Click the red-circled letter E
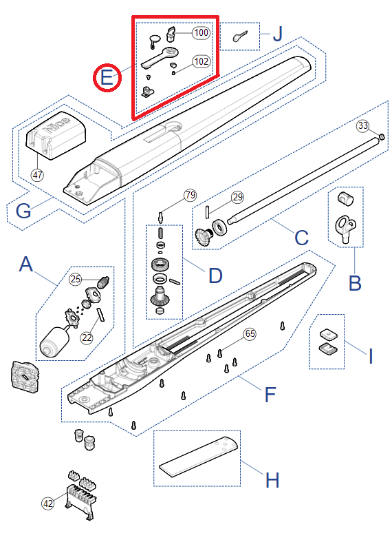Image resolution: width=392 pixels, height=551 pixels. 107,77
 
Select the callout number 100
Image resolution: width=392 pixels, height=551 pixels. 202,32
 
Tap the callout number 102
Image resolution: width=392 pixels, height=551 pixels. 202,61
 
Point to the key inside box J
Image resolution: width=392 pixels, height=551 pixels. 241,36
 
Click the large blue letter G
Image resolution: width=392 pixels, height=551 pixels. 24,211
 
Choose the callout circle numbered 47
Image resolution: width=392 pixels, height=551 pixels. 38,175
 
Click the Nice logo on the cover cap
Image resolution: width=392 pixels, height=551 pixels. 57,125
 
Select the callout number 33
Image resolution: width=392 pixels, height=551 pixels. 363,125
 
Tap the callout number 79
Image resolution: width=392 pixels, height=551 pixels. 190,195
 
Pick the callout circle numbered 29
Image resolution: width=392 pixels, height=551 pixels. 237,197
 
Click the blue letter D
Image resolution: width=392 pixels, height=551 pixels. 215,275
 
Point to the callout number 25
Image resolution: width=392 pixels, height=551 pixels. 76,279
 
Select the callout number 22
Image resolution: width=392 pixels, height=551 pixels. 87,337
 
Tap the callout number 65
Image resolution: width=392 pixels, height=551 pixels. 250,333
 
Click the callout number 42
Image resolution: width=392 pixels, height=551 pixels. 48,503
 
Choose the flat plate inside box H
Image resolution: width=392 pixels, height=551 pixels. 199,457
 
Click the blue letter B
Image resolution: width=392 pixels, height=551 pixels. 355,283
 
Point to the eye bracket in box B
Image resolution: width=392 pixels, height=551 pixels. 346,229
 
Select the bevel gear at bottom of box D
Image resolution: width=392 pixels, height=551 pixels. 160,296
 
